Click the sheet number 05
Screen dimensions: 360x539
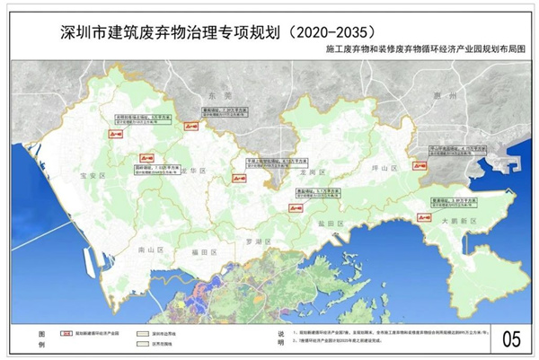click(x=511, y=339)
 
